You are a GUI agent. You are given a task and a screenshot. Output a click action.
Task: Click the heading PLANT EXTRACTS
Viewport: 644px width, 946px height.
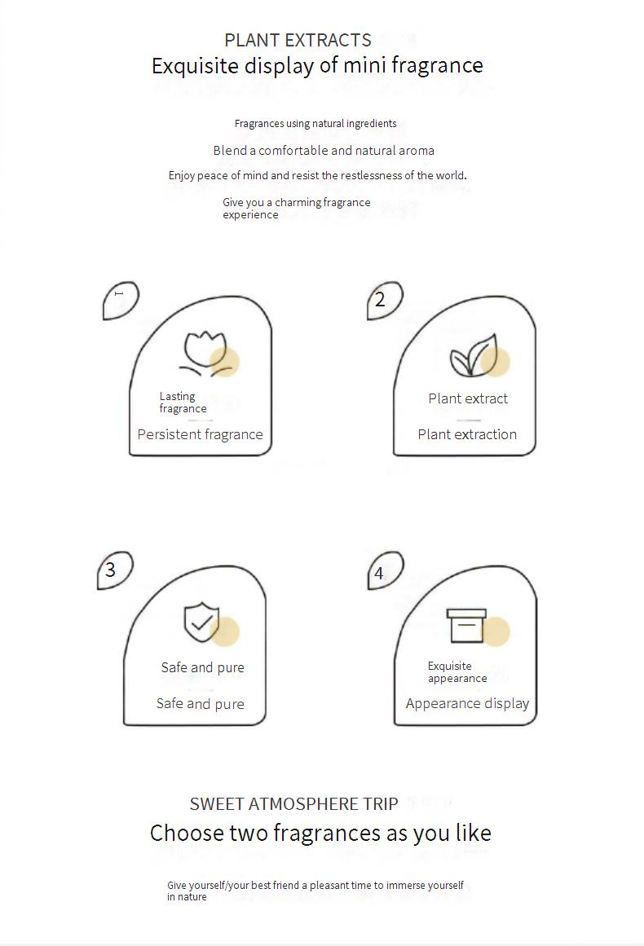[298, 40]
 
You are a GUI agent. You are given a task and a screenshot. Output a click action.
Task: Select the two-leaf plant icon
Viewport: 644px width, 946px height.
[473, 355]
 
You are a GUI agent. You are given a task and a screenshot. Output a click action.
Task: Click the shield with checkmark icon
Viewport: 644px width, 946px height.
[201, 622]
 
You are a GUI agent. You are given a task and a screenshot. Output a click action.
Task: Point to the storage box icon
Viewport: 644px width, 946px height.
[466, 626]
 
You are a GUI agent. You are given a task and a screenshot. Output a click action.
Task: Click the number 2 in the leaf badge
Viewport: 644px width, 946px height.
[380, 299]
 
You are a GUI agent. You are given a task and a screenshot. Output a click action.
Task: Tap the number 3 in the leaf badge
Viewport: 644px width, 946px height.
[110, 570]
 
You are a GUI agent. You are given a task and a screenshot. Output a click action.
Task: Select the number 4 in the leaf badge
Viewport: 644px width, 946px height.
[378, 573]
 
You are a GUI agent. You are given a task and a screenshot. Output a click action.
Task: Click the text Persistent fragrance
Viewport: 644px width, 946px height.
[200, 434]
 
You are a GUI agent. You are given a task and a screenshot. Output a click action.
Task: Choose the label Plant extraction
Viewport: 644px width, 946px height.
[467, 434]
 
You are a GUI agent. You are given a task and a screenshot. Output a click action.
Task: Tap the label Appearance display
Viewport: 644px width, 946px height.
[467, 703]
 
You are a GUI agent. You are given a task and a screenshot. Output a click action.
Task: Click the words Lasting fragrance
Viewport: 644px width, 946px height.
[183, 403]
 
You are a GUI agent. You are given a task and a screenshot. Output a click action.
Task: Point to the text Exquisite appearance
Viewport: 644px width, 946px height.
[457, 672]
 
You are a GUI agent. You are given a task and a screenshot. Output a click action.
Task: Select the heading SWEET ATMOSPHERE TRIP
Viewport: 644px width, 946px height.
[294, 804]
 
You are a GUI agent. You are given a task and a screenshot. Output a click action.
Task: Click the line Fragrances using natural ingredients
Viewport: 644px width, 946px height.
[315, 124]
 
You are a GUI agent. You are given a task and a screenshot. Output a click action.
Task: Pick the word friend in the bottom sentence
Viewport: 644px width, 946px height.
[285, 885]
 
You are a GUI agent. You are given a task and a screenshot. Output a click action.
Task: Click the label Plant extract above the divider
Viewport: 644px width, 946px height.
[468, 398]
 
